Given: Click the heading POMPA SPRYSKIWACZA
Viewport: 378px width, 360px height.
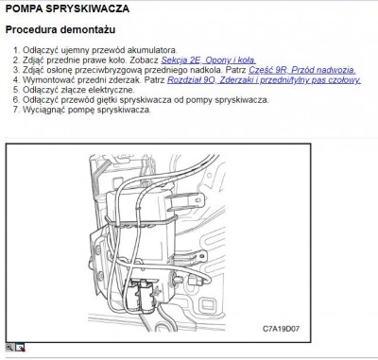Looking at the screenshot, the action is click(67, 9).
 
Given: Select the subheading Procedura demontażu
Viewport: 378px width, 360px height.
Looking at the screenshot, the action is click(60, 30).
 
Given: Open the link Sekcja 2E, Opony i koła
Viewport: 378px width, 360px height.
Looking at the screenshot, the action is click(209, 60).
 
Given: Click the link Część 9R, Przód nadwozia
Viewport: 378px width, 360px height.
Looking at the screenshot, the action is click(302, 70).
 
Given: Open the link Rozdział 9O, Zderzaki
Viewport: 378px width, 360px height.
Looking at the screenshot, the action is click(264, 80).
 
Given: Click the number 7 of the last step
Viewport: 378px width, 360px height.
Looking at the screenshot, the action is click(16, 110).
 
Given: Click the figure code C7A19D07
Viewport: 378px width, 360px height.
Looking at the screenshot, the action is click(281, 329).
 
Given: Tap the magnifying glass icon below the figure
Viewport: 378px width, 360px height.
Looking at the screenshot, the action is click(9, 348).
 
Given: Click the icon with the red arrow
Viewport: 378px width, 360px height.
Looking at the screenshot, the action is click(20, 348).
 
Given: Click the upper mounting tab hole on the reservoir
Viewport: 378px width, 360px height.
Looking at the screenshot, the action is click(198, 199).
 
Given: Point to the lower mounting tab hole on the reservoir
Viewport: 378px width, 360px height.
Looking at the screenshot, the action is click(201, 255).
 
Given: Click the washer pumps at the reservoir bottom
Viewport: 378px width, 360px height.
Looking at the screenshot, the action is click(143, 296).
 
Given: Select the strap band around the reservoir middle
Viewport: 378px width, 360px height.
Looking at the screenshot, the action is click(140, 223).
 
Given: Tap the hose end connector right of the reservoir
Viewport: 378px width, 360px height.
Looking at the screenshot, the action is click(193, 280).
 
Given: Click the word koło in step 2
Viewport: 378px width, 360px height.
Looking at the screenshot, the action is click(117, 60).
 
